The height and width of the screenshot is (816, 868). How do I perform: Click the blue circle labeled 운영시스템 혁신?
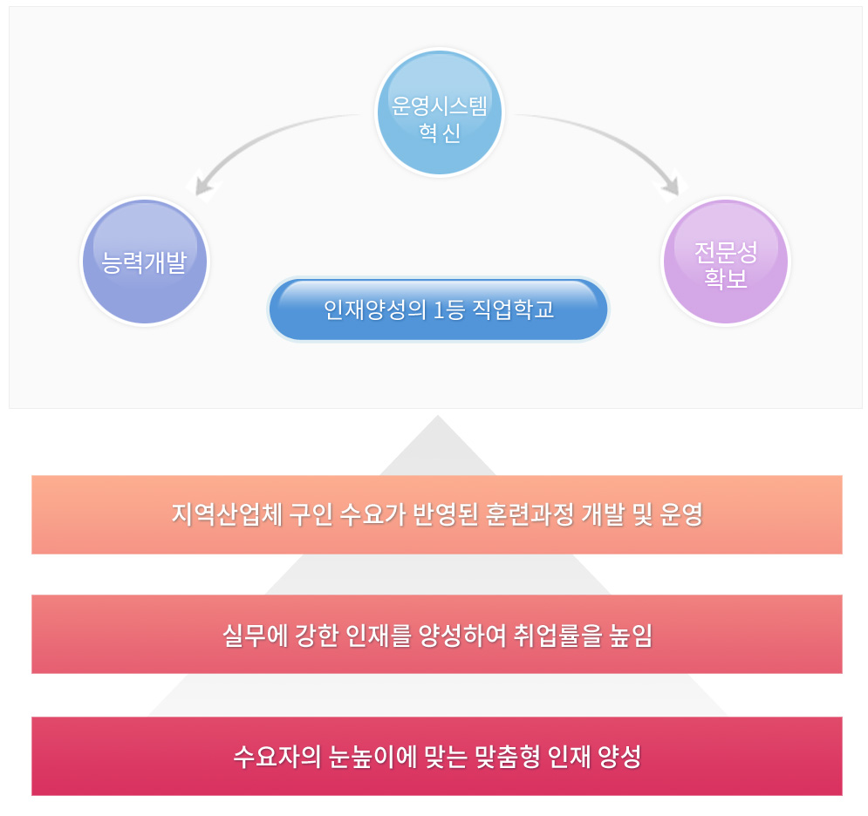[440, 112]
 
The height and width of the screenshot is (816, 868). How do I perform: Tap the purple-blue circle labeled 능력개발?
[145, 262]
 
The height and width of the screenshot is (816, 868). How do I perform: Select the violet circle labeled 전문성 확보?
[726, 262]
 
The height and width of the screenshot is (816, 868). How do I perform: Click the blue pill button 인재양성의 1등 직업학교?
[439, 310]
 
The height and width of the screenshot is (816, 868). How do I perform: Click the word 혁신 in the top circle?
[440, 135]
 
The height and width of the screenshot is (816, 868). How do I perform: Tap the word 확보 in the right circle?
[726, 281]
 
